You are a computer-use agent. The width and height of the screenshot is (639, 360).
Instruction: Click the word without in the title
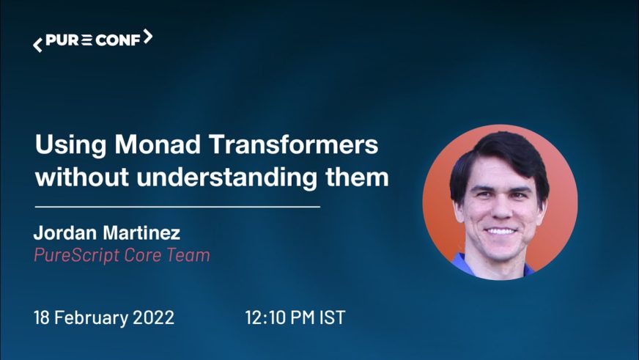click(x=82, y=177)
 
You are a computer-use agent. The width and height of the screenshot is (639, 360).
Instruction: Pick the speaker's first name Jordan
click(x=65, y=233)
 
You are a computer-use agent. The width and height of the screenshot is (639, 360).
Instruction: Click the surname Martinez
click(x=141, y=233)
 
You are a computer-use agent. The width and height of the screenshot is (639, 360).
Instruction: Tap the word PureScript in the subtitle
click(x=77, y=256)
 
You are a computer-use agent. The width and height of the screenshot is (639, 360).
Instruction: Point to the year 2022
click(x=154, y=317)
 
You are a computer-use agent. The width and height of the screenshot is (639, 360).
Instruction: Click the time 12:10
click(x=265, y=317)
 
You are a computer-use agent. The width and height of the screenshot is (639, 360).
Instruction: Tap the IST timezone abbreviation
click(x=333, y=317)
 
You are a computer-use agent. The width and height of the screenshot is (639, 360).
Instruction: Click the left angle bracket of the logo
click(x=37, y=45)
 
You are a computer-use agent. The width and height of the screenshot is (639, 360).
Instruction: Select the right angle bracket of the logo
click(x=148, y=37)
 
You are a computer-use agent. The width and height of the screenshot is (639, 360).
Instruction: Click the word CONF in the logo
click(x=118, y=40)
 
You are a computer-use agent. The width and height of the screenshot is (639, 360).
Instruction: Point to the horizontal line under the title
click(x=177, y=207)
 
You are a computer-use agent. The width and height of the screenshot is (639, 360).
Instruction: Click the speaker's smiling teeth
click(x=501, y=231)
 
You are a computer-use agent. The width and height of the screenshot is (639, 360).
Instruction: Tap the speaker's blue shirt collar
click(x=460, y=261)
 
